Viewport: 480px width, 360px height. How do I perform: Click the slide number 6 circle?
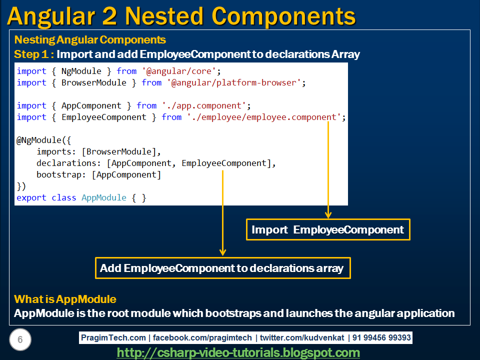pos(20,340)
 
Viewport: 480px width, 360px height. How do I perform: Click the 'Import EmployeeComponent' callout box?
pos(328,229)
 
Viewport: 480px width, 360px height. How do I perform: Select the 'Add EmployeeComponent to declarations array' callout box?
pos(222,268)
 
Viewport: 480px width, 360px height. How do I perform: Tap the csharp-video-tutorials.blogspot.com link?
pos(238,352)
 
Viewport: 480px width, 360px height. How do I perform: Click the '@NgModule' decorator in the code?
pos(38,140)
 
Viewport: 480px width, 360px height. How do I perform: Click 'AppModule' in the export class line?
pos(104,197)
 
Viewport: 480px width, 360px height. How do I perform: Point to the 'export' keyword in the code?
pos(31,197)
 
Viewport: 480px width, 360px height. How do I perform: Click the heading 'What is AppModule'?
pos(65,299)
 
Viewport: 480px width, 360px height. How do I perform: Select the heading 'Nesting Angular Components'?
pos(90,40)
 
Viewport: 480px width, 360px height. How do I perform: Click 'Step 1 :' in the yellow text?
pos(33,54)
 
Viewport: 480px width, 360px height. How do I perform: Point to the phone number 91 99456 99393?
pos(381,338)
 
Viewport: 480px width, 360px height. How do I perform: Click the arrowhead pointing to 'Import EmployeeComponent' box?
pos(328,214)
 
